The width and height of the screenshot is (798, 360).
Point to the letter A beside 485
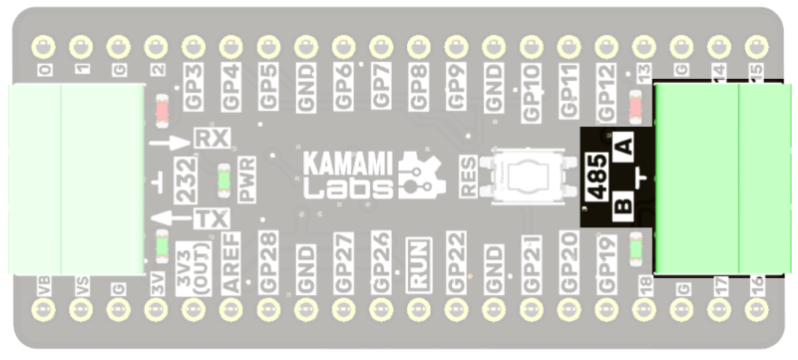pyautogui.click(x=624, y=146)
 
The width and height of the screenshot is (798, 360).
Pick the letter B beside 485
pyautogui.click(x=622, y=207)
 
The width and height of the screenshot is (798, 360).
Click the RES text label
pyautogui.click(x=467, y=177)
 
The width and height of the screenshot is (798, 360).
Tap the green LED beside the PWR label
pyautogui.click(x=224, y=179)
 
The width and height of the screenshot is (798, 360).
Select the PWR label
pyautogui.click(x=246, y=177)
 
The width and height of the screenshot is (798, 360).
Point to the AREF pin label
pyautogui.click(x=230, y=263)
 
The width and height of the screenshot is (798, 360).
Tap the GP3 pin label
pyautogui.click(x=194, y=87)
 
